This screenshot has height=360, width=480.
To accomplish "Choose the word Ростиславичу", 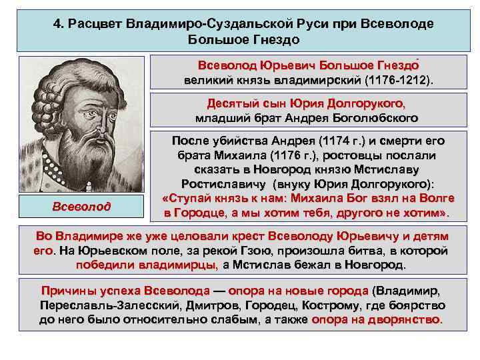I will click(222, 184).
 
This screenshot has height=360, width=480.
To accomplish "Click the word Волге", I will click(436, 199).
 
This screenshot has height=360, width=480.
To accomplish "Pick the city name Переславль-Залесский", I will click(98, 305).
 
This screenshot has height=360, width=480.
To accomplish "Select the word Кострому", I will click(330, 305).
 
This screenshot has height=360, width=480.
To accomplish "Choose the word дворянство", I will click(405, 319).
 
